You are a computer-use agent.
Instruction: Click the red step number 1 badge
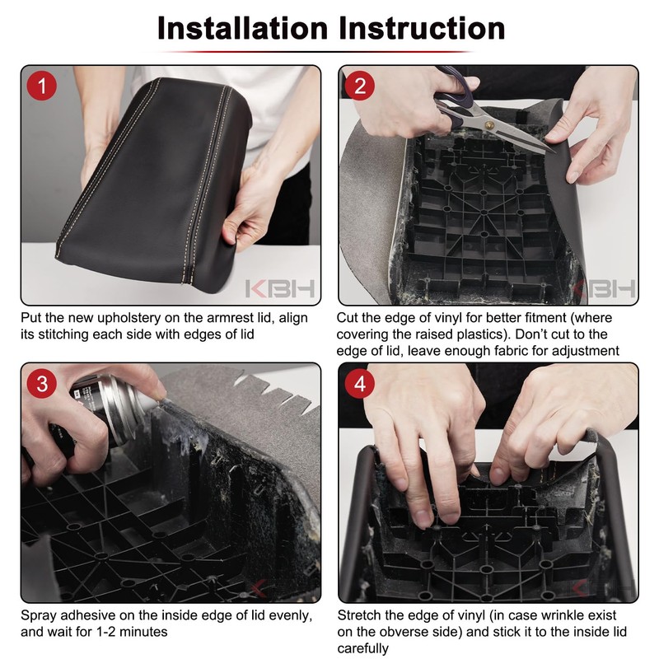pyautogui.click(x=42, y=86)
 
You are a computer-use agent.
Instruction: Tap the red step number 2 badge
pyautogui.click(x=360, y=86)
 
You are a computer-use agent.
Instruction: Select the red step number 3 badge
pyautogui.click(x=42, y=384)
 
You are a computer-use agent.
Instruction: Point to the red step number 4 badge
pyautogui.click(x=360, y=384)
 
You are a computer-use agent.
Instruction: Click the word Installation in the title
pyautogui.click(x=242, y=29)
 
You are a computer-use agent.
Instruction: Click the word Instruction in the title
pyautogui.click(x=422, y=29)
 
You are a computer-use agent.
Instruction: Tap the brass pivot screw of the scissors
pyautogui.click(x=488, y=124)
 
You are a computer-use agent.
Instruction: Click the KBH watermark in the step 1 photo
pyautogui.click(x=280, y=289)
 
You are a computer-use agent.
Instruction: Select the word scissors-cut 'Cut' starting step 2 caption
pyautogui.click(x=348, y=318)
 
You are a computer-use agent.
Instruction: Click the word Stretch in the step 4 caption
pyautogui.click(x=359, y=615)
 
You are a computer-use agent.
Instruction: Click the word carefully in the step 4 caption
pyautogui.click(x=363, y=648)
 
